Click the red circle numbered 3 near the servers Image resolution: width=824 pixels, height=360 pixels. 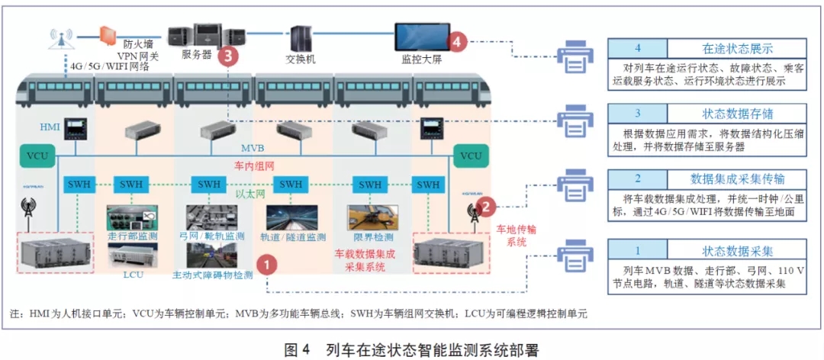coord(228,55)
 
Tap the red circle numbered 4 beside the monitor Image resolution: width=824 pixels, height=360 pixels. coord(456,42)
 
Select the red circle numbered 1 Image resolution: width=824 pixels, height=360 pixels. coord(266,265)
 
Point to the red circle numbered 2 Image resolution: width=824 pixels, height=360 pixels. coord(486,204)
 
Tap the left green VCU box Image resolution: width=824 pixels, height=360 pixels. coord(37,156)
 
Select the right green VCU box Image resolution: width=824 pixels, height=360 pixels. coord(471,156)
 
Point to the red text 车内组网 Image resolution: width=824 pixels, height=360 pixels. coord(253,165)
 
